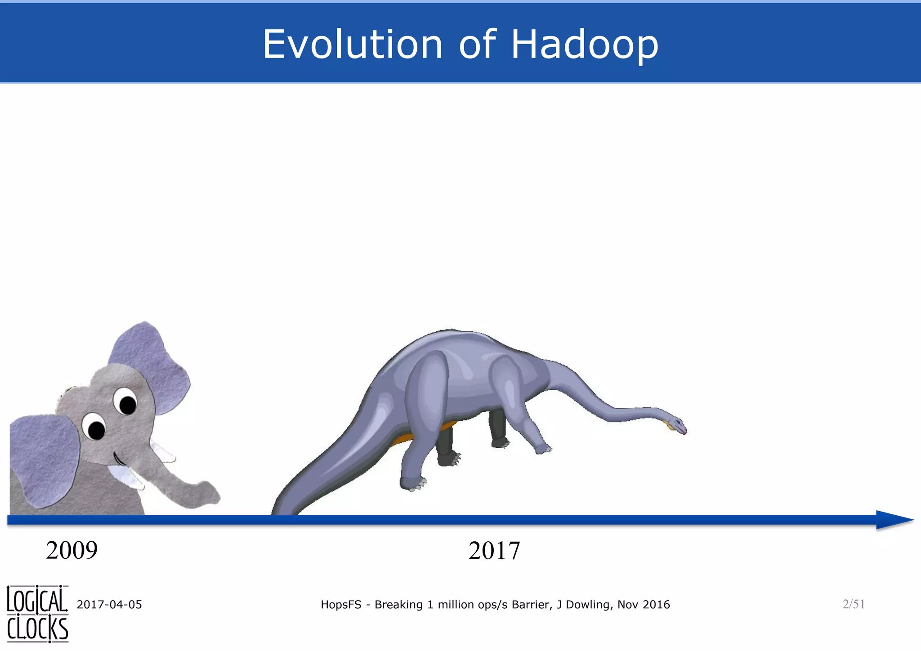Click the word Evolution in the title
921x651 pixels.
click(353, 45)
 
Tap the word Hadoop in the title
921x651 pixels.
click(585, 45)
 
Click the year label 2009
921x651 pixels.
click(72, 550)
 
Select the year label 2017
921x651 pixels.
click(494, 551)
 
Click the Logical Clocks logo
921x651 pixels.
click(38, 614)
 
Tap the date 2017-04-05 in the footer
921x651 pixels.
click(109, 605)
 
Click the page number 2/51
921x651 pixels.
click(854, 604)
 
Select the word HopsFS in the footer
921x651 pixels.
click(340, 605)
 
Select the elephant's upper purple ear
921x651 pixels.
click(151, 364)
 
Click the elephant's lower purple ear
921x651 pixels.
click(43, 459)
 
